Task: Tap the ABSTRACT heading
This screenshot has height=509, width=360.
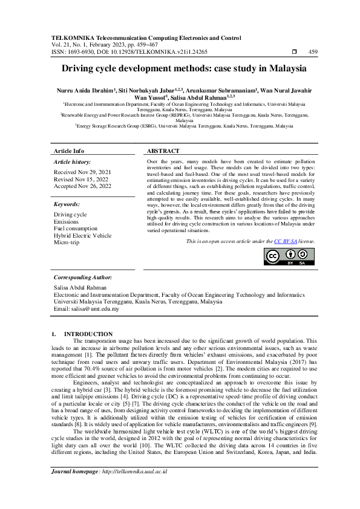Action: (x=163, y=151)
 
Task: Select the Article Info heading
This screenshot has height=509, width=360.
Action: (x=69, y=151)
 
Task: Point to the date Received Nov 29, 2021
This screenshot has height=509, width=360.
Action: (x=82, y=172)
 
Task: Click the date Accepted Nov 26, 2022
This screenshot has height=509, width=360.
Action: (x=83, y=186)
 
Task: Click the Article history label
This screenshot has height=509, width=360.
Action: (x=73, y=163)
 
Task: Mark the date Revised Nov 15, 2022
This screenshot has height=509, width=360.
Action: (x=80, y=180)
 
